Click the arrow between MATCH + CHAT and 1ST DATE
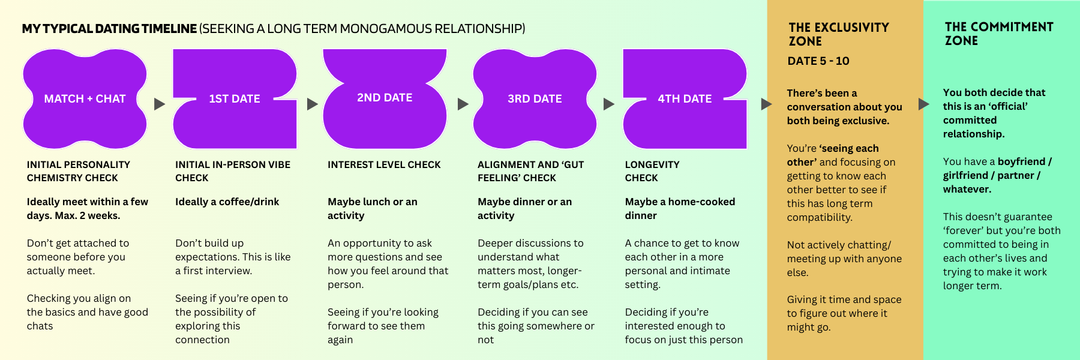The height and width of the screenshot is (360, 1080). coord(159,104)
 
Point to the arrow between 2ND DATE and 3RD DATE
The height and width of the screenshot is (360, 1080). coord(463,104)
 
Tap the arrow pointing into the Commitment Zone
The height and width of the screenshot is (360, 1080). coord(924,104)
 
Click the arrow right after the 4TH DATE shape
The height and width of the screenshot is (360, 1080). coord(766,104)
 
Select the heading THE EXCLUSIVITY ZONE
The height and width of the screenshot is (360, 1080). coord(838,34)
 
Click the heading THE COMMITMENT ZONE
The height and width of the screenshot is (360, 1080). coord(998,34)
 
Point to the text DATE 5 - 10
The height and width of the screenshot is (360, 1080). coord(818,61)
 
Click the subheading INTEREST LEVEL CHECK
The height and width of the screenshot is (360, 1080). coord(384,164)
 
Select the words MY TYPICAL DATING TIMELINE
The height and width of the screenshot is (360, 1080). coord(109,29)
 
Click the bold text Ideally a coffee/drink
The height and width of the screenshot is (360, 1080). coord(227,202)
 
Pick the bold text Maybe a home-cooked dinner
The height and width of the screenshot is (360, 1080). coord(679,208)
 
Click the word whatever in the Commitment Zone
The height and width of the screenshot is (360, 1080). coord(966,189)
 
